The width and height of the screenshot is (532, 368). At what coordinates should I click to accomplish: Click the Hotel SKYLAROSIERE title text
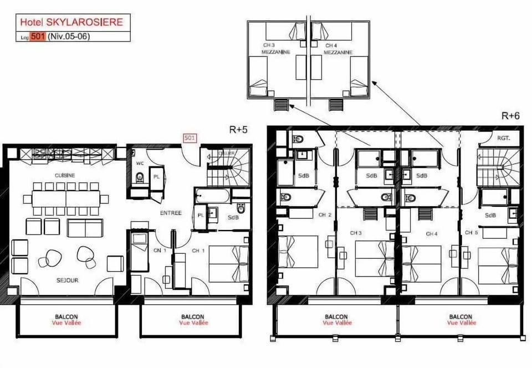coord(71,22)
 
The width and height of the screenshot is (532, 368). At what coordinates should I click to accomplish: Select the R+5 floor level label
coord(238,129)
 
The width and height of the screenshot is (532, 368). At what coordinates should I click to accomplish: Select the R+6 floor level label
coord(510,116)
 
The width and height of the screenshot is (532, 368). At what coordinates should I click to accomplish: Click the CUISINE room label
coord(65,175)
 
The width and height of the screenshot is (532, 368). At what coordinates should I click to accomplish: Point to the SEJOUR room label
coord(66,280)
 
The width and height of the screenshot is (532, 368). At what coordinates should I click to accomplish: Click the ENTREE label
coord(171,212)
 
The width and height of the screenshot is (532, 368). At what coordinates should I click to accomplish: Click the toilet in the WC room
coord(140,178)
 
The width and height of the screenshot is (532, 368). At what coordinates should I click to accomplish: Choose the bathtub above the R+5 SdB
coord(213,195)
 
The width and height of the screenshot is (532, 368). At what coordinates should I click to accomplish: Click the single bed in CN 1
coord(139,244)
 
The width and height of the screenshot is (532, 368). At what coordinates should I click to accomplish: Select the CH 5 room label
coord(472,232)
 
